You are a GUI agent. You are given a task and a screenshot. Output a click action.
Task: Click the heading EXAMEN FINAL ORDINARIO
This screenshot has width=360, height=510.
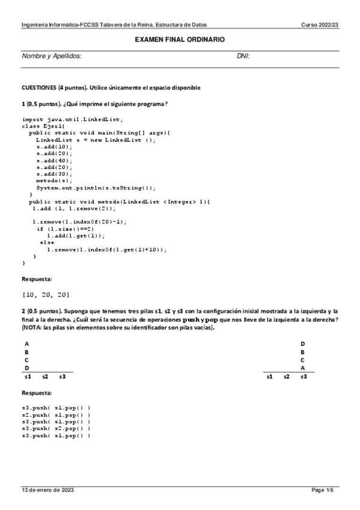180,39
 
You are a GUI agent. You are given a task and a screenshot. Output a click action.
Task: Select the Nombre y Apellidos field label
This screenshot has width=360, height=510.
52,56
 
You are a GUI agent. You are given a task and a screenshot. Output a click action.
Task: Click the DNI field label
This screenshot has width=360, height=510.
243,56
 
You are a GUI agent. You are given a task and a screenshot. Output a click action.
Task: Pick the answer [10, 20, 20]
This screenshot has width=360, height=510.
46,294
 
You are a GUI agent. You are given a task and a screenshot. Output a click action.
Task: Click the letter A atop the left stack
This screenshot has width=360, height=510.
26,343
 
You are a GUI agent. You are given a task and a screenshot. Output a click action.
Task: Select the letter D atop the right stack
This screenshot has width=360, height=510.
303,343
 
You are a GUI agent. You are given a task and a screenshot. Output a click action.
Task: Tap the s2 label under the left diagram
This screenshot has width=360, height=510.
45,376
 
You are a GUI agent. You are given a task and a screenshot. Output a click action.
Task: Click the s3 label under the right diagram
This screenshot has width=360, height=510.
304,376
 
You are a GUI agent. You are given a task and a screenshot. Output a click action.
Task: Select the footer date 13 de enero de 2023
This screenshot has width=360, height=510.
47,490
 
